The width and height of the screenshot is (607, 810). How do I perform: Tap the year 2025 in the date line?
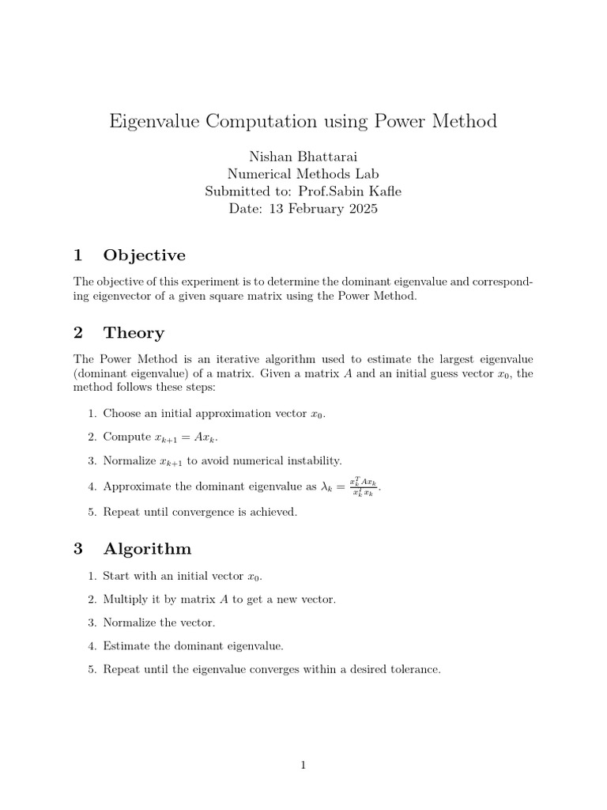click(x=361, y=209)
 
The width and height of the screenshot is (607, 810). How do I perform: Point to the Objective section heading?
click(x=145, y=255)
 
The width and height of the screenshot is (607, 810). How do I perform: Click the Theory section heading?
click(x=134, y=332)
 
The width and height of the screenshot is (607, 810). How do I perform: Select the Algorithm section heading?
click(x=147, y=549)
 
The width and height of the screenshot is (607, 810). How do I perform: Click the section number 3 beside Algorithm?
click(x=77, y=549)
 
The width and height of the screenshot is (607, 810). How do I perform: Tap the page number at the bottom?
click(x=303, y=764)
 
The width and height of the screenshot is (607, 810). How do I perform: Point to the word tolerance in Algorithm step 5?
click(x=415, y=669)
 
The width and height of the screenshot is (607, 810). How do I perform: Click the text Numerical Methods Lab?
click(x=303, y=174)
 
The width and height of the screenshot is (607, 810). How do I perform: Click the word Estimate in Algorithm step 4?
click(x=125, y=646)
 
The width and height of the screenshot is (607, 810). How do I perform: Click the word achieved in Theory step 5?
click(x=275, y=512)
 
